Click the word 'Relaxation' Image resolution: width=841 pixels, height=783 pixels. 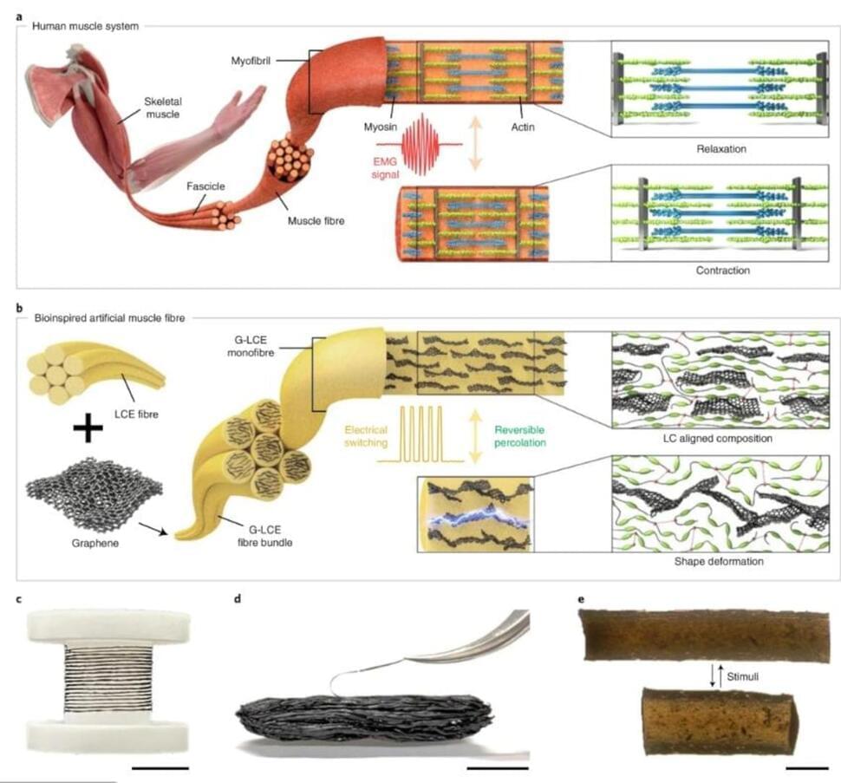click(721, 148)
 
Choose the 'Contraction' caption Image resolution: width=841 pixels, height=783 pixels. click(721, 271)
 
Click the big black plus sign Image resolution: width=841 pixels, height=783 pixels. click(87, 428)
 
